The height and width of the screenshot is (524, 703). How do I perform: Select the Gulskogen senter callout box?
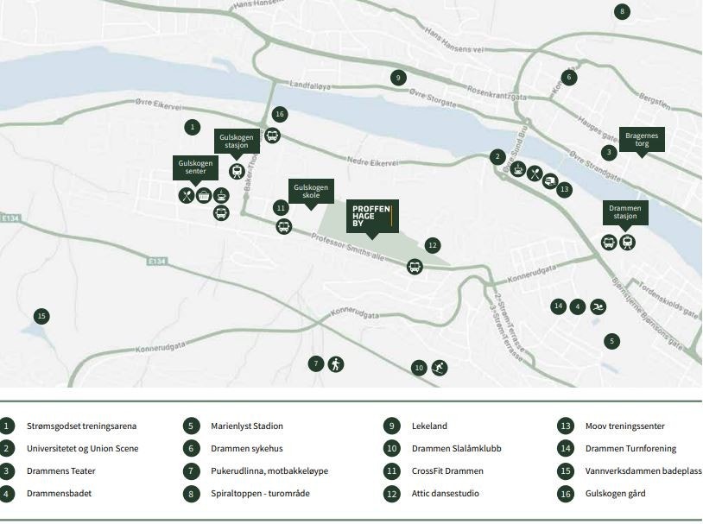click(196, 167)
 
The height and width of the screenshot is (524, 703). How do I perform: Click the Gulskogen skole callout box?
click(310, 192)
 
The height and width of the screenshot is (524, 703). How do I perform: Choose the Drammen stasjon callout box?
click(625, 211)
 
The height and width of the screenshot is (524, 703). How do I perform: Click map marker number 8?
click(621, 11)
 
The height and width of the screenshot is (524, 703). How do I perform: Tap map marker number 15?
click(41, 316)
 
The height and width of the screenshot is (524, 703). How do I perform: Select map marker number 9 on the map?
click(397, 78)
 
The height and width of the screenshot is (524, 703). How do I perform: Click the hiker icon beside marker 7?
click(336, 363)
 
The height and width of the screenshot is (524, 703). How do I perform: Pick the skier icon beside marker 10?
click(440, 368)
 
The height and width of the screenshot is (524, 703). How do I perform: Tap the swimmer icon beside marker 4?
click(598, 306)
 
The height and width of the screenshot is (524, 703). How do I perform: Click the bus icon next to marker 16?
click(272, 136)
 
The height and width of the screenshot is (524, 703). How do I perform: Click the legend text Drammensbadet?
click(59, 494)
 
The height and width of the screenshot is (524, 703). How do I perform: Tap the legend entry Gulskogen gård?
click(615, 494)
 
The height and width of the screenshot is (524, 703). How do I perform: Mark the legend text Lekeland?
click(429, 426)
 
